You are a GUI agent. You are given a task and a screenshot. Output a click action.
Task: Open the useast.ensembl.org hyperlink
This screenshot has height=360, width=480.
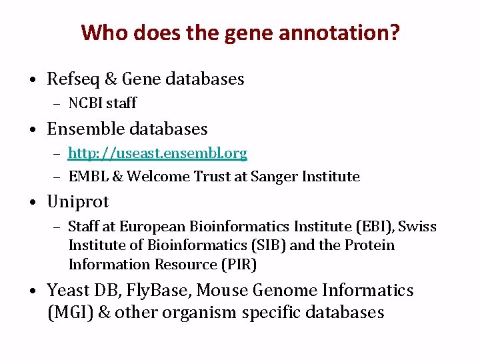click(x=157, y=153)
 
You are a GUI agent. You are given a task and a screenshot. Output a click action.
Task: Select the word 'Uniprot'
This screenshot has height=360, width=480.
click(x=77, y=201)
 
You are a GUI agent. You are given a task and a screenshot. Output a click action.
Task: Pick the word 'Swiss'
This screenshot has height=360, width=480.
click(x=418, y=227)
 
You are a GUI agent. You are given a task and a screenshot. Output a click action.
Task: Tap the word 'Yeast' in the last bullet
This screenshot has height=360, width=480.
click(x=69, y=290)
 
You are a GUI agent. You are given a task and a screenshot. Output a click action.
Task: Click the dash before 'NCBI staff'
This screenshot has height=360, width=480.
click(x=57, y=104)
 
